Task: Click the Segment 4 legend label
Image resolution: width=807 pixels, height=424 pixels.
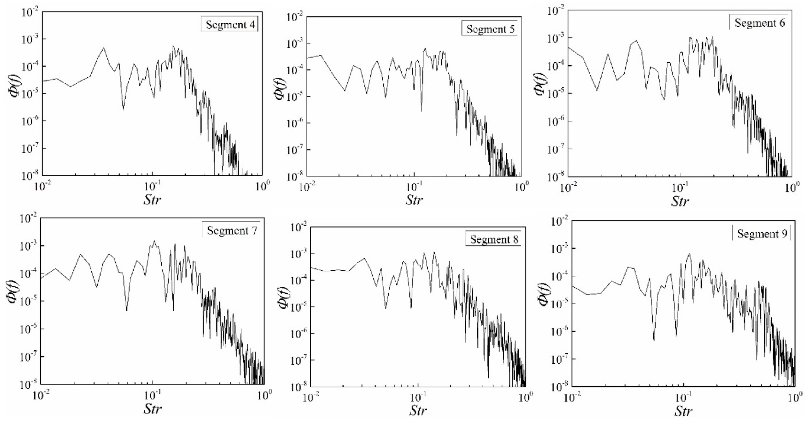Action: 230,25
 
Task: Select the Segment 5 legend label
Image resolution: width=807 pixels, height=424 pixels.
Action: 490,29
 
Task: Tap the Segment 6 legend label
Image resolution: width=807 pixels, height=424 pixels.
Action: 760,23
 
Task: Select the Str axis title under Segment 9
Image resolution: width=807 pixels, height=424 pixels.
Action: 683,411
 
